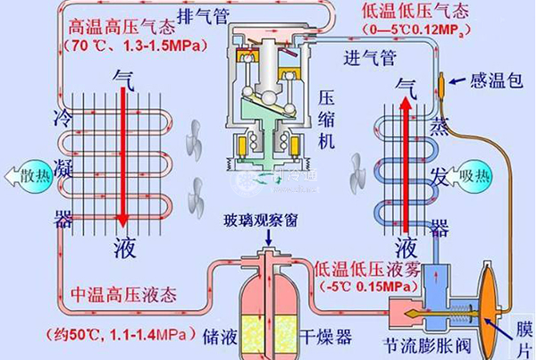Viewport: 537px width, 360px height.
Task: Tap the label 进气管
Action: [367, 59]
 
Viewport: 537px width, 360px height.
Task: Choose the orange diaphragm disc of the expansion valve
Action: [490, 303]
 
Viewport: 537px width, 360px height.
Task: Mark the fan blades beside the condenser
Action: [191, 166]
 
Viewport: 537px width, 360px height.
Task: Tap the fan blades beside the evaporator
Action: [357, 169]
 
